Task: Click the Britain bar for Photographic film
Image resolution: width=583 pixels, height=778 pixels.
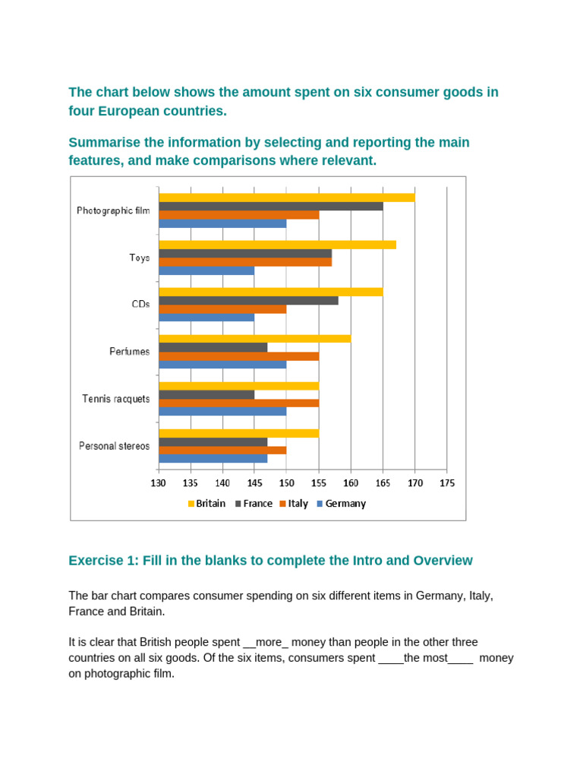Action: [287, 198]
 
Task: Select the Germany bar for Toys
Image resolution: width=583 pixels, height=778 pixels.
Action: [206, 270]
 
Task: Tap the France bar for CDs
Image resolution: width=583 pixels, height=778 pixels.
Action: [248, 300]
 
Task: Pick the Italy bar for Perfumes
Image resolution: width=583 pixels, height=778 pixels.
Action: [238, 356]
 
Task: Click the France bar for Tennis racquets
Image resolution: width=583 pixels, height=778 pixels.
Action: [206, 394]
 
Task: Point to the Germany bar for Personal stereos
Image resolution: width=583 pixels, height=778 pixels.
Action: [213, 458]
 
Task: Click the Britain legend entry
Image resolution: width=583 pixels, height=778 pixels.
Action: [206, 503]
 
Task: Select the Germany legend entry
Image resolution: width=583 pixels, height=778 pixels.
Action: [341, 503]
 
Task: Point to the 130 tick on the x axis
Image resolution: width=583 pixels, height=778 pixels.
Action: [159, 482]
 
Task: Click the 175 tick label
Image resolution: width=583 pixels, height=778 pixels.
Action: [446, 482]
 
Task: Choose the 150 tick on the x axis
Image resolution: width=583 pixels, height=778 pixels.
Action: [286, 482]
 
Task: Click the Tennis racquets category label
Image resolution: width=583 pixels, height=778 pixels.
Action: [116, 399]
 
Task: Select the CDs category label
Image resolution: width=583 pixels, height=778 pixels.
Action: [141, 304]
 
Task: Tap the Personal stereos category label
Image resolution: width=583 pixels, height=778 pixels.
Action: [115, 446]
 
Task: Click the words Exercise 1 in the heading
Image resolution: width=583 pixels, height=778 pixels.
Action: [99, 561]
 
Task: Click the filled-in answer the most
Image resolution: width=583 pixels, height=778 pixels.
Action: [426, 658]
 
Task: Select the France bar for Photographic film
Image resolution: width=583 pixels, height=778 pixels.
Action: [271, 206]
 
